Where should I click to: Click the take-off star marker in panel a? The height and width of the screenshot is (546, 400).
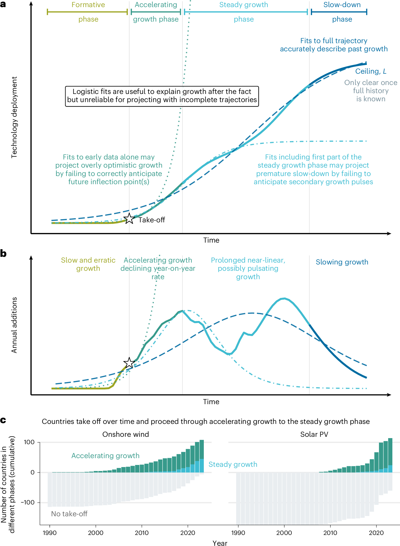(x=129, y=219)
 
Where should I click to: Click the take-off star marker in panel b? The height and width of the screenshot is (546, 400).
(x=129, y=363)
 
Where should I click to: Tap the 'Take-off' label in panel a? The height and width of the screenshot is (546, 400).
(x=152, y=220)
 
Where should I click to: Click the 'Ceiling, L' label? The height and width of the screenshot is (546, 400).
(x=371, y=71)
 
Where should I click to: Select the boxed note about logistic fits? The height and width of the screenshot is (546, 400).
(x=162, y=96)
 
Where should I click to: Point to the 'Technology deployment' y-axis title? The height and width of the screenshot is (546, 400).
(x=14, y=117)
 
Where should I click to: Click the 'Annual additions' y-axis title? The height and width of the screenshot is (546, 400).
(x=14, y=325)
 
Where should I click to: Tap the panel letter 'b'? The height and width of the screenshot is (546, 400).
(x=3, y=254)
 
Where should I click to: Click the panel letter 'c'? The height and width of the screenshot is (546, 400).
(x=3, y=420)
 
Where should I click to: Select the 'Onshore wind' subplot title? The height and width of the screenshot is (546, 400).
(x=125, y=434)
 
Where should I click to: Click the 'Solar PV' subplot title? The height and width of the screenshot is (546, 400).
(x=314, y=434)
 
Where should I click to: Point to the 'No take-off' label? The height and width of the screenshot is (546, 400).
(x=69, y=514)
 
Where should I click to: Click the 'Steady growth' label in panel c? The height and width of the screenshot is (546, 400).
(x=233, y=464)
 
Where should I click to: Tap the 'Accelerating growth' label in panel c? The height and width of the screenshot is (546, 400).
(x=105, y=455)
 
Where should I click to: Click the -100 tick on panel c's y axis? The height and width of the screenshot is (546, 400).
(x=28, y=502)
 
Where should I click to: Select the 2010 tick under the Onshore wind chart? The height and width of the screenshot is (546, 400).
(x=142, y=533)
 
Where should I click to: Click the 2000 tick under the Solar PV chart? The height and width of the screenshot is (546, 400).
(x=284, y=533)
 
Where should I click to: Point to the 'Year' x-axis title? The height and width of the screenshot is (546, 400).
(x=220, y=543)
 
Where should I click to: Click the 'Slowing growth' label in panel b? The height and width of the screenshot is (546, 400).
(x=342, y=262)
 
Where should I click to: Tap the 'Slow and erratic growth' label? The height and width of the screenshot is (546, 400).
(x=88, y=264)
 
